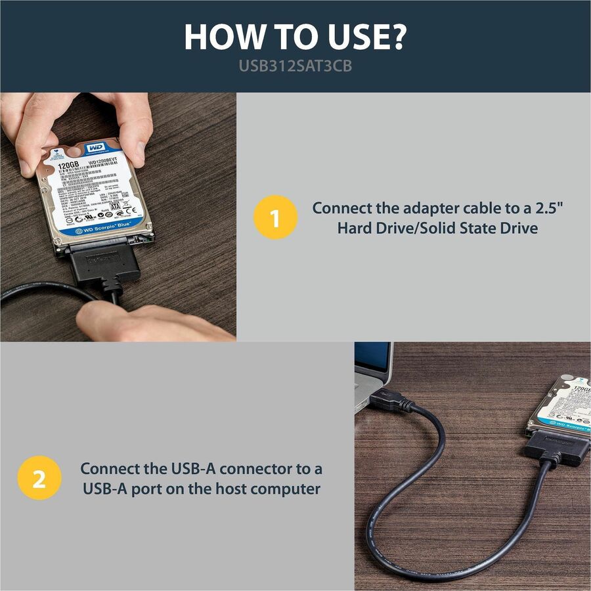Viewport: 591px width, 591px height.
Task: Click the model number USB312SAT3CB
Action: (x=295, y=67)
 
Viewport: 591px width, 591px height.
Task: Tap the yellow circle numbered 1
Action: (x=275, y=218)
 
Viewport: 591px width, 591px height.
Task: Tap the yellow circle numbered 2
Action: (x=39, y=479)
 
